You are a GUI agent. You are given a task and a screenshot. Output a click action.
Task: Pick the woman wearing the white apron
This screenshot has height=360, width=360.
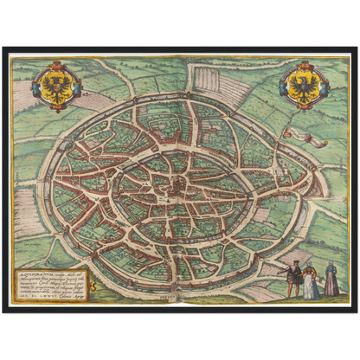(x=309, y=280)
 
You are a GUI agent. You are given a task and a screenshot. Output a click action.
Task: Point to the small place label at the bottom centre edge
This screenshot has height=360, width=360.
(x=179, y=295)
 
